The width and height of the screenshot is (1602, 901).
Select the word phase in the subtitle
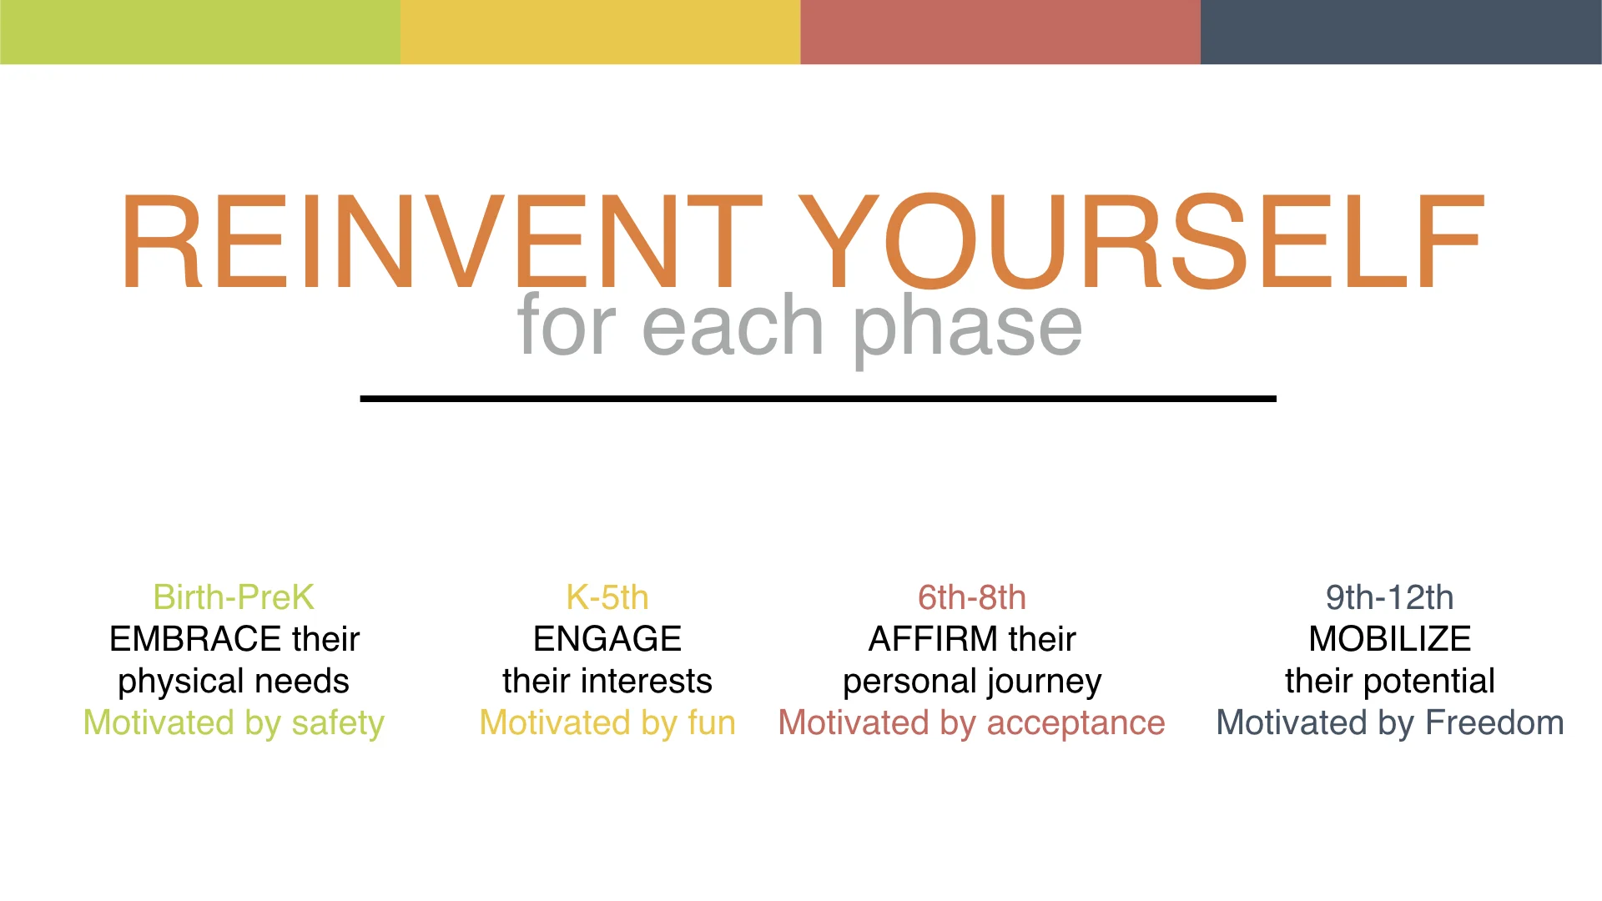point(968,328)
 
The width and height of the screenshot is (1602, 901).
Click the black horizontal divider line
point(818,399)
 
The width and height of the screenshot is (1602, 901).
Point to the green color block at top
point(200,32)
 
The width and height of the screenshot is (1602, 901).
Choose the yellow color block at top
point(601,32)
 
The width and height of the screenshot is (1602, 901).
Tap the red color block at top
point(1001,32)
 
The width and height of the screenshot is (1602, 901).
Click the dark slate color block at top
point(1402,32)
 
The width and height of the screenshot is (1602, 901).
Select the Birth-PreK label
point(234,597)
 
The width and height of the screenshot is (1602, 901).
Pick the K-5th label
point(607,597)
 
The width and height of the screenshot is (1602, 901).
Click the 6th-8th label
point(972,597)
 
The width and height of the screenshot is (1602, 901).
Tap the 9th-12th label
point(1390,597)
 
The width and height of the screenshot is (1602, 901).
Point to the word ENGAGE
point(607,639)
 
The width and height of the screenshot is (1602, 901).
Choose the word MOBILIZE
point(1390,639)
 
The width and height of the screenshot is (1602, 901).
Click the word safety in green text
point(338,724)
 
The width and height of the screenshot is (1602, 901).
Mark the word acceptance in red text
point(1076,724)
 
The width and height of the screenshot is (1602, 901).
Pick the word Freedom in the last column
point(1494,722)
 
